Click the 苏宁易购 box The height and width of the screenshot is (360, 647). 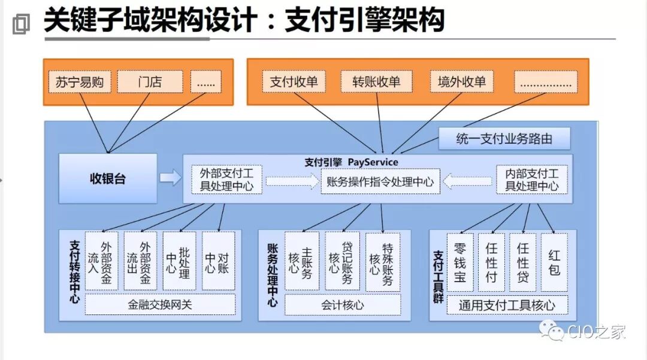(80, 82)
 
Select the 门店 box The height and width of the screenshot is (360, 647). (150, 82)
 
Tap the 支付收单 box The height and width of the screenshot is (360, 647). (294, 82)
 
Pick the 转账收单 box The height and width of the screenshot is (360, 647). (376, 82)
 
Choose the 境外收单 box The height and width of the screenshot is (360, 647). (461, 82)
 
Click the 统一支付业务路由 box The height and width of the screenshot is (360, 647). (504, 140)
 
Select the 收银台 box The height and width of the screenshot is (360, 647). (108, 179)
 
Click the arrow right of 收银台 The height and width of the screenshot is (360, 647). (171, 178)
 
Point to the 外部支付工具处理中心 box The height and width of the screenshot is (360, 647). (226, 180)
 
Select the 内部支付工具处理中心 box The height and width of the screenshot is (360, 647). (531, 180)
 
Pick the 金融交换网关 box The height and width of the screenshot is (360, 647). (160, 304)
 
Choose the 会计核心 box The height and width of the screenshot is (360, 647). (342, 304)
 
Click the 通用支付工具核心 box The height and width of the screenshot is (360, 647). (507, 304)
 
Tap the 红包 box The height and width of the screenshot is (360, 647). (554, 262)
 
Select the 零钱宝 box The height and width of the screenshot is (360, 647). (460, 262)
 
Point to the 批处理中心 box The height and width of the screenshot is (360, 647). (179, 262)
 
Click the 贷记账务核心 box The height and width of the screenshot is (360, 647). (341, 262)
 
